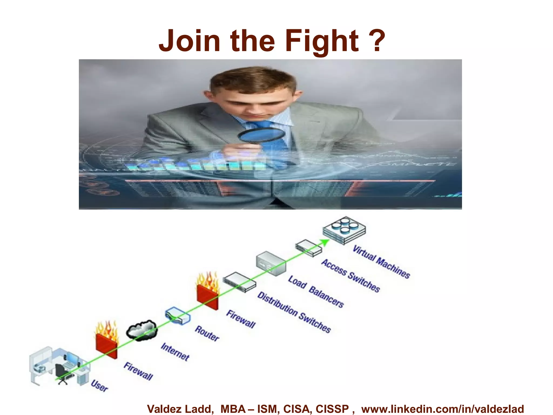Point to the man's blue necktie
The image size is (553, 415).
pyautogui.click(x=267, y=130)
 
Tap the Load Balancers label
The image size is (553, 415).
pyautogui.click(x=316, y=292)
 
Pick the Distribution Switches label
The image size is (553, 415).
pyautogui.click(x=294, y=312)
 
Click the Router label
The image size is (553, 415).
pyautogui.click(x=207, y=334)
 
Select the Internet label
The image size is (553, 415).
pyautogui.click(x=175, y=352)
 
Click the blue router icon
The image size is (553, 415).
pyautogui.click(x=177, y=316)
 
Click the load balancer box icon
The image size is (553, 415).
pyautogui.click(x=271, y=263)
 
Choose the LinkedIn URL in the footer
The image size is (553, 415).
pyautogui.click(x=443, y=409)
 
